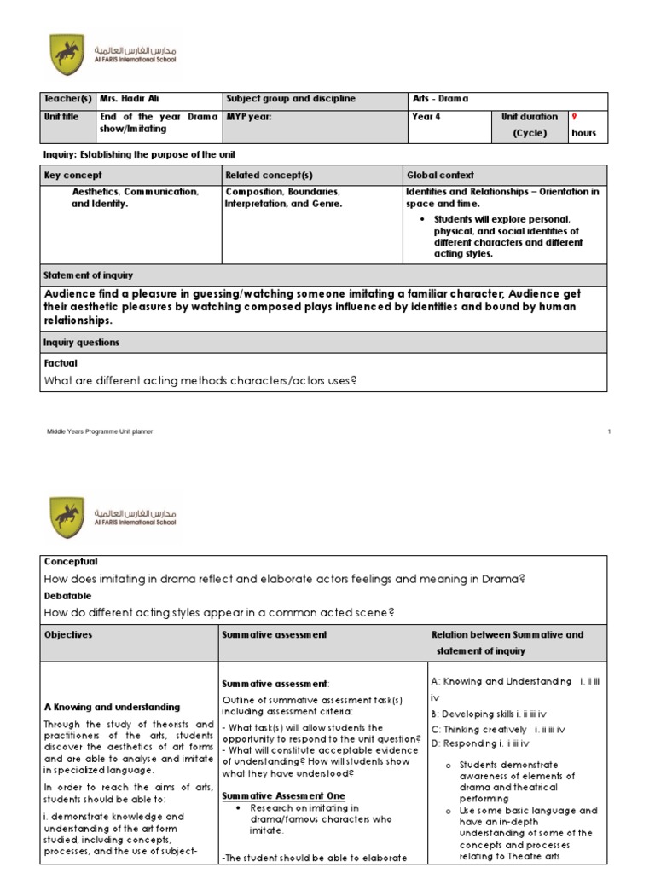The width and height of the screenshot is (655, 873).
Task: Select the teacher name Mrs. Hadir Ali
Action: point(129,99)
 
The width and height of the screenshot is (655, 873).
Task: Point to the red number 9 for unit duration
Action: point(574,116)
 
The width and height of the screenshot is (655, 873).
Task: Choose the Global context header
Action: point(440,175)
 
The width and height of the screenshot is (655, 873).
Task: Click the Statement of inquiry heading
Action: point(88,275)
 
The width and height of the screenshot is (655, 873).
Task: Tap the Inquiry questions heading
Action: point(81,342)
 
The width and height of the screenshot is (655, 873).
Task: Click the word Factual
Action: point(61,363)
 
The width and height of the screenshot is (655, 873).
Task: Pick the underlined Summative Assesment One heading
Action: point(278,796)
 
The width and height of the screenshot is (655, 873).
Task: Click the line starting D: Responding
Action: point(480,743)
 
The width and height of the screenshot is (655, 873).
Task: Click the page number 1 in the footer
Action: point(610,432)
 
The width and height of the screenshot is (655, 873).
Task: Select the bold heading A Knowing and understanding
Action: point(112,707)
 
